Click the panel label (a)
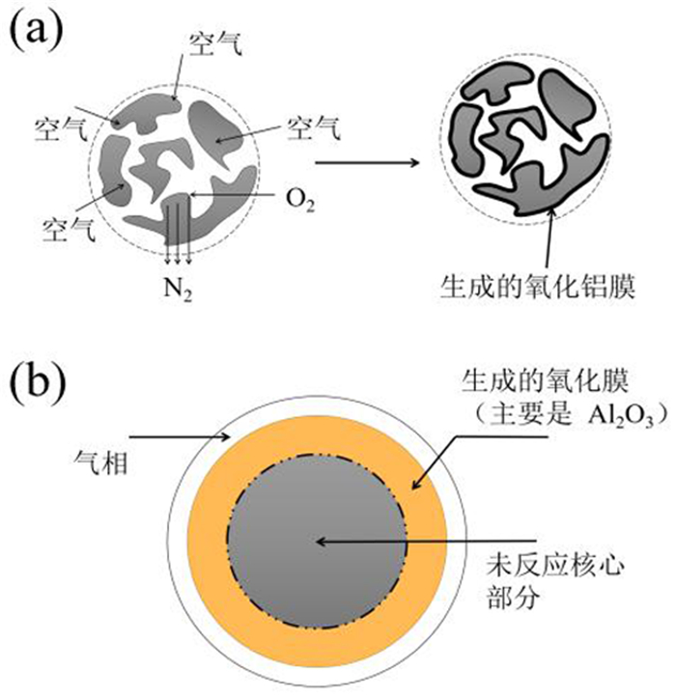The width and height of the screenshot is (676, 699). click(36, 29)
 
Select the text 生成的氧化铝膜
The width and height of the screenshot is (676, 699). click(537, 287)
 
